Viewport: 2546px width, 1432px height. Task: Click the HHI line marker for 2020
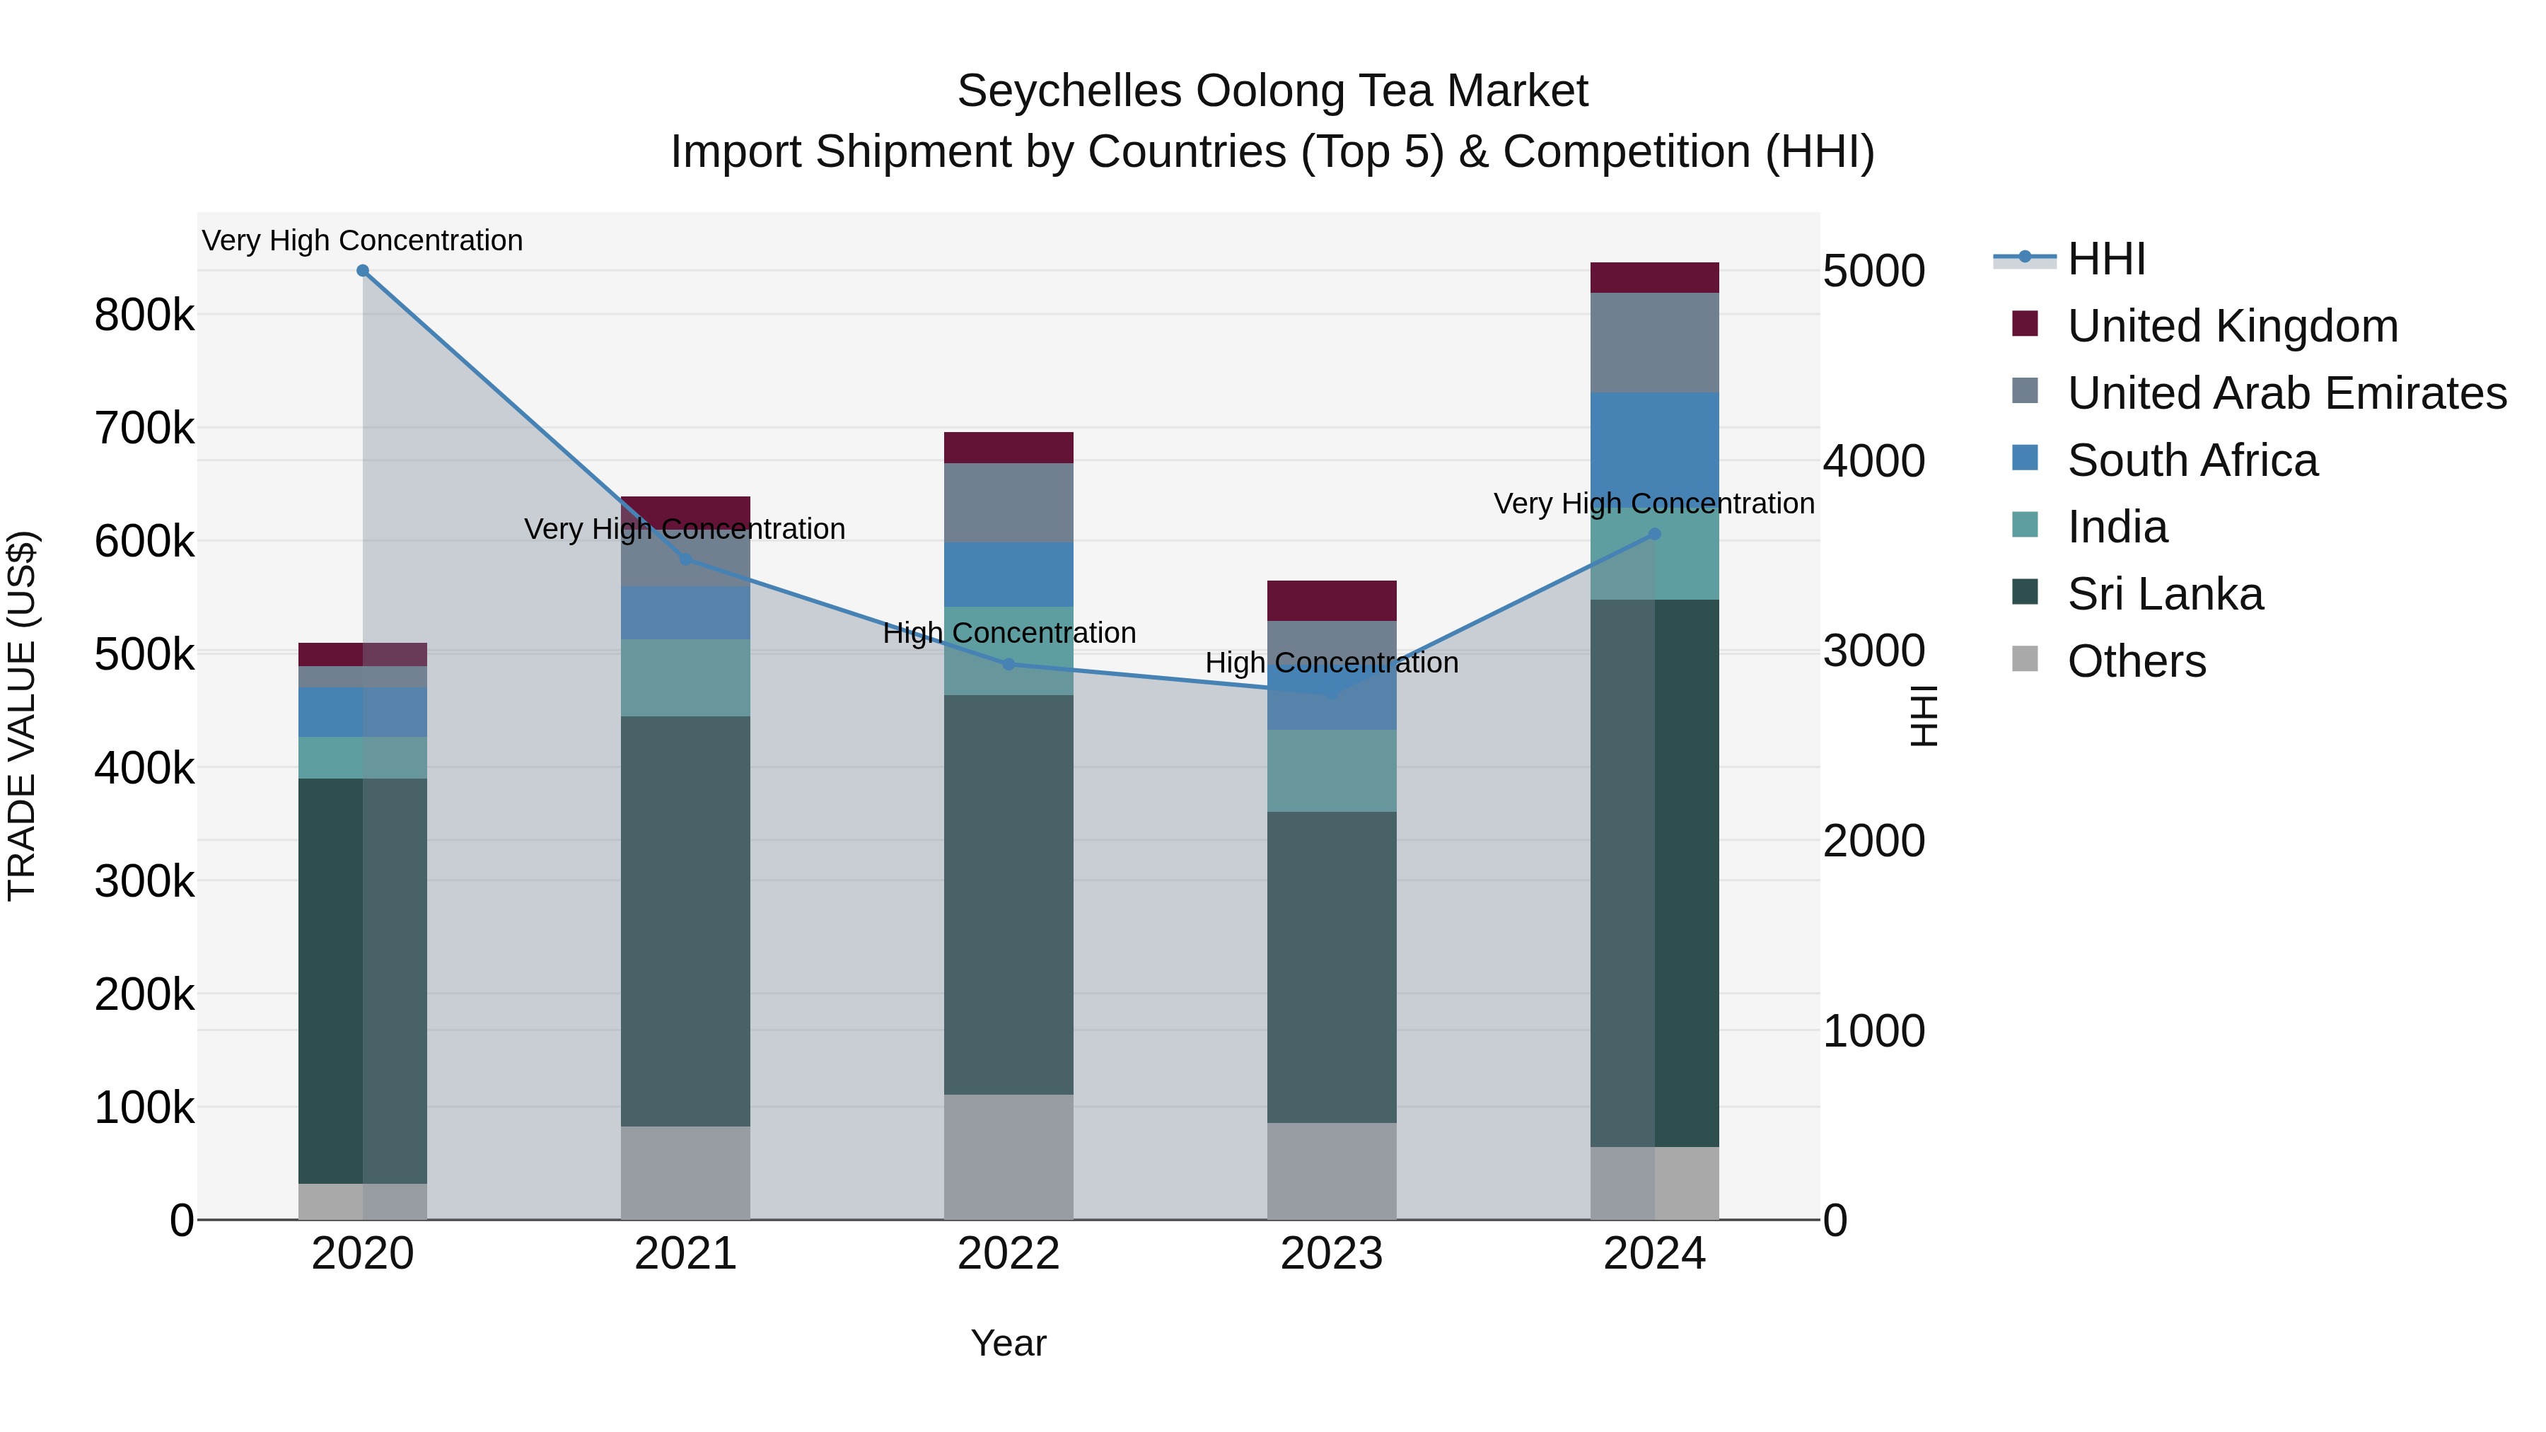tap(363, 271)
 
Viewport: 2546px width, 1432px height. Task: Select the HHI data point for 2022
tap(1008, 664)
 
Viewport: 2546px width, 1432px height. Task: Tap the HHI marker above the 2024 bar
tap(1654, 535)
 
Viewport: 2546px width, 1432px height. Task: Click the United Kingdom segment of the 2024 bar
tap(1654, 278)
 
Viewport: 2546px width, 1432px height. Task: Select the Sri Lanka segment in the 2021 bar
tap(685, 919)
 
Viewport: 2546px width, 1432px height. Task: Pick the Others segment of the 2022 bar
tap(1008, 1156)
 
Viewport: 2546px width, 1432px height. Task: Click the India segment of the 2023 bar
tap(1331, 771)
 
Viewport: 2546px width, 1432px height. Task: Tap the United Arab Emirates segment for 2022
tap(1008, 502)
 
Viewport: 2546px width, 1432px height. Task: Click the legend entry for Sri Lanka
tap(2165, 594)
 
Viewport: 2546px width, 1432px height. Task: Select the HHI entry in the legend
tap(2105, 259)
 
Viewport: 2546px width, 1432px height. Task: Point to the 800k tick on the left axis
tap(144, 315)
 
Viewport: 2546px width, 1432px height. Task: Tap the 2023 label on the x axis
tap(1331, 1254)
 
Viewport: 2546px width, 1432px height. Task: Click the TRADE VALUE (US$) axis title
tap(22, 716)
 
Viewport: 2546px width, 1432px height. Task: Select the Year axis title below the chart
tap(1008, 1343)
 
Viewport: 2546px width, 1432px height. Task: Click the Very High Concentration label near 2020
tap(363, 240)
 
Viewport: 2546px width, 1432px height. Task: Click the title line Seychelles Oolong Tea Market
tap(1272, 91)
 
